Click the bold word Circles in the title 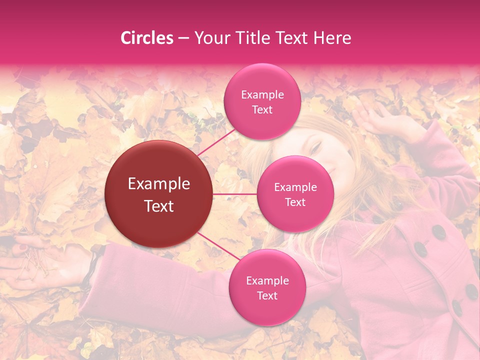pos(146,38)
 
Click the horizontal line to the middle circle pos(235,193)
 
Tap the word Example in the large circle pos(159,184)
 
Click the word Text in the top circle pos(262,110)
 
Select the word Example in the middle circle pos(295,187)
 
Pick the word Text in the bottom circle pos(267,295)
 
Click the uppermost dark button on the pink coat pos(439,231)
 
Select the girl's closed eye pos(316,146)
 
